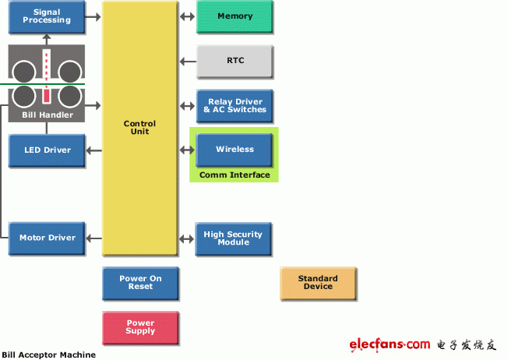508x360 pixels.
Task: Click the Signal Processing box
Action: (47, 17)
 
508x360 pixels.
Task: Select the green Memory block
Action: (235, 16)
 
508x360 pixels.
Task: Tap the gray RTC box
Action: (235, 62)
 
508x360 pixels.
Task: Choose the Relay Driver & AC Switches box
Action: (235, 106)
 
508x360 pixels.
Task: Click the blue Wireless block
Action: (235, 150)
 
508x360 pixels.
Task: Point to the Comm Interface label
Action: (235, 175)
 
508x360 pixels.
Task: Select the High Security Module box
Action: (233, 238)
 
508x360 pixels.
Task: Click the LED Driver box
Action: (47, 150)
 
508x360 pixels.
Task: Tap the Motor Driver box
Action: (47, 238)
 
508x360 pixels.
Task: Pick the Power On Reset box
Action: (140, 283)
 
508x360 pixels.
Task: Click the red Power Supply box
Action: (140, 327)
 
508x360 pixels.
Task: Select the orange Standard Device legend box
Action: (318, 283)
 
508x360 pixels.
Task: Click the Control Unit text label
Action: (139, 127)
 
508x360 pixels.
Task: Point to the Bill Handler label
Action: (48, 115)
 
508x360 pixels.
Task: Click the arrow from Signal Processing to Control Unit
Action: (93, 16)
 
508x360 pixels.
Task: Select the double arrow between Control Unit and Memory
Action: (187, 16)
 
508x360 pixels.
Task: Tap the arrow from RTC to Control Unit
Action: (188, 62)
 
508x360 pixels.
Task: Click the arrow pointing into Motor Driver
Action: (93, 238)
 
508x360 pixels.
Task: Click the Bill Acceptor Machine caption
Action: (48, 355)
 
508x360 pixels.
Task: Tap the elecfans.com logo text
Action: (390, 344)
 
